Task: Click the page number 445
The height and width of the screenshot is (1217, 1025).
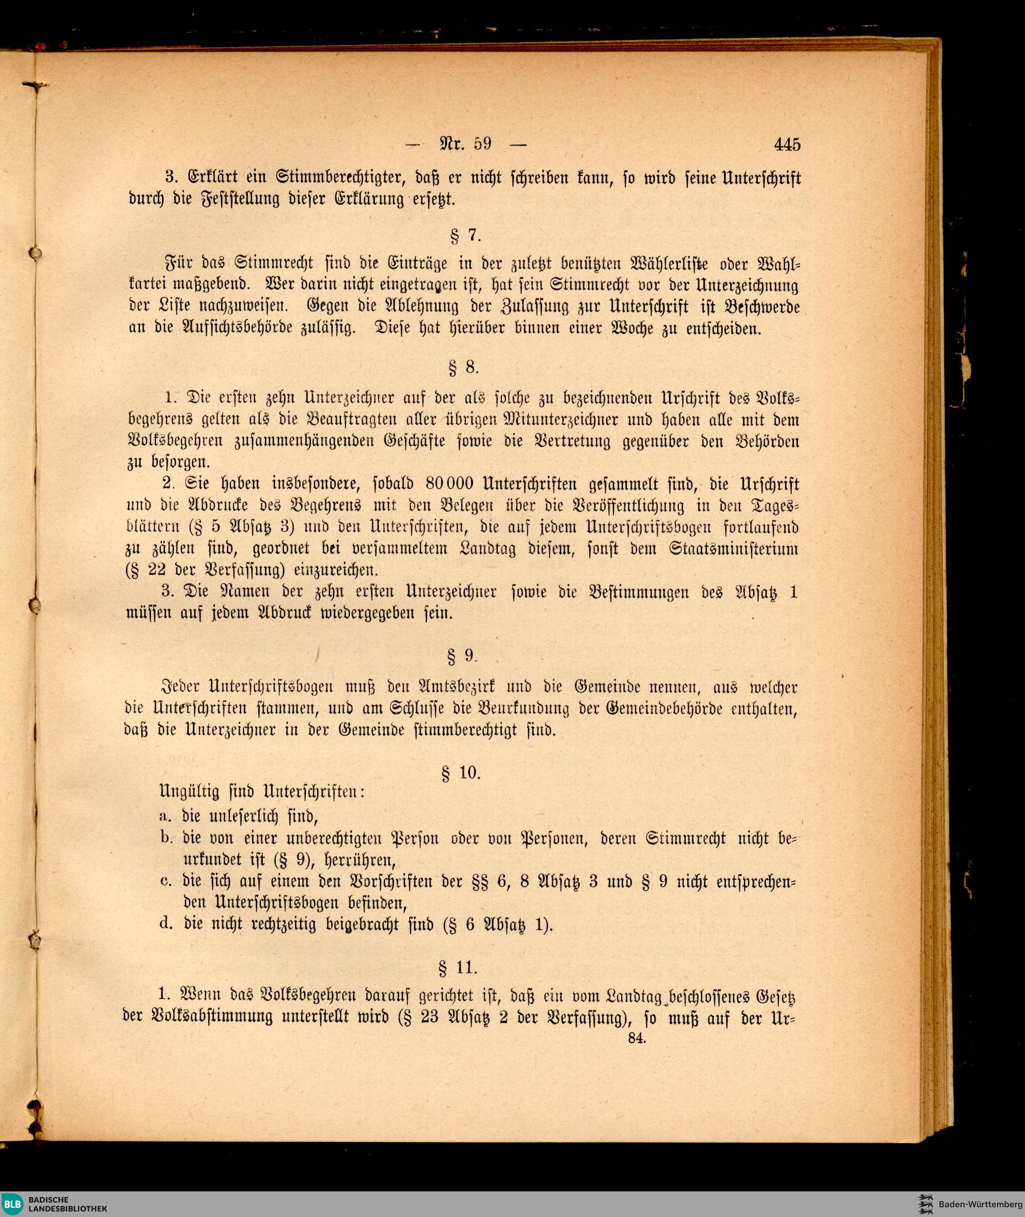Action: pos(787,143)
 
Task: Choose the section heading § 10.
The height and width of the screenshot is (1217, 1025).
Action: pos(462,773)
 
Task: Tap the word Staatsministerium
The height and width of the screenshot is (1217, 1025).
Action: pos(734,549)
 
